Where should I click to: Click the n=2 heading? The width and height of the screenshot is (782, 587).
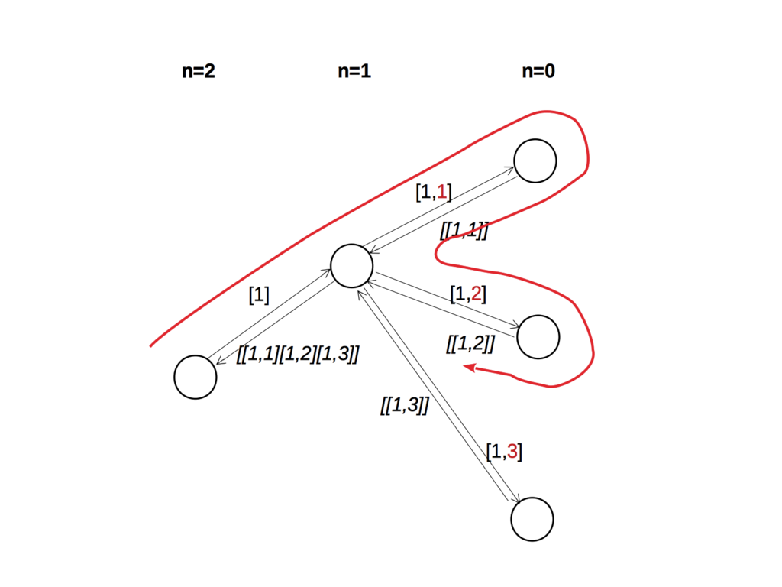click(x=198, y=72)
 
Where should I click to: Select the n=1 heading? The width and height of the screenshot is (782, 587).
click(x=354, y=72)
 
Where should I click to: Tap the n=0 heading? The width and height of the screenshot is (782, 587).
click(x=538, y=72)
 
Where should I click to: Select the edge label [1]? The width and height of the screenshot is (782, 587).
click(x=259, y=295)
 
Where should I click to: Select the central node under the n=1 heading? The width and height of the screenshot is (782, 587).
click(x=352, y=266)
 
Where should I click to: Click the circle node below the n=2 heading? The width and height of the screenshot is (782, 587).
click(x=195, y=377)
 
